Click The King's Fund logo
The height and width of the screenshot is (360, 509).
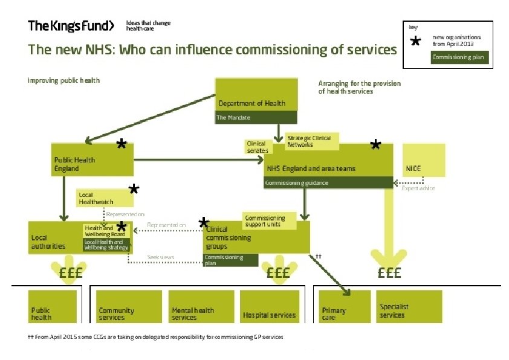point(71,25)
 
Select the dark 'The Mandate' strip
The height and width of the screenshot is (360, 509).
point(256,118)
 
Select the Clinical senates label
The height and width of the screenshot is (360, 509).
point(257,147)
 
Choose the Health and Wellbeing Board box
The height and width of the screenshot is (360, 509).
point(106,231)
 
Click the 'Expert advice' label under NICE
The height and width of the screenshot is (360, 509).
point(418,189)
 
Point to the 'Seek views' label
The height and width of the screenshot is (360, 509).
point(161,257)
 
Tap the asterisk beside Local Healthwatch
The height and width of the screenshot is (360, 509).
point(133,190)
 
